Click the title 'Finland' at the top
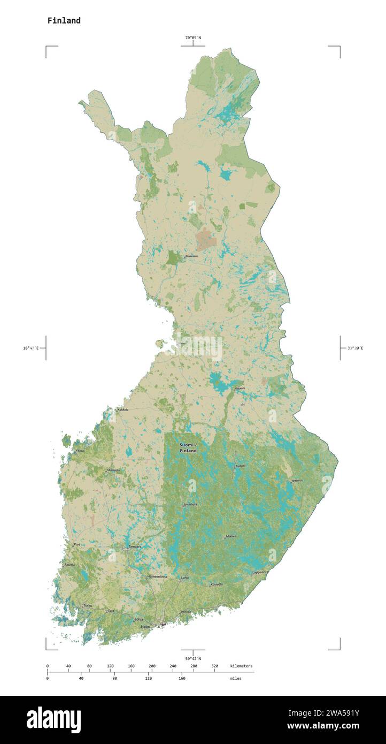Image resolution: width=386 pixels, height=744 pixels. [64, 21]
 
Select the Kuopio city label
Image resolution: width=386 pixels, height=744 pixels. [241, 466]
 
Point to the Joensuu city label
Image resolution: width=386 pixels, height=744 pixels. [297, 481]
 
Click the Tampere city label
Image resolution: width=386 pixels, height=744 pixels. [135, 546]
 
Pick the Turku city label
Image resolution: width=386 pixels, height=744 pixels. [88, 605]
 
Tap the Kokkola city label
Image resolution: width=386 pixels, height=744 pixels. [123, 409]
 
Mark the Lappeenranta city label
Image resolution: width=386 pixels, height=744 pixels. [260, 572]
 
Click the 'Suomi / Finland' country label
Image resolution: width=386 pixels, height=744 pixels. [188, 448]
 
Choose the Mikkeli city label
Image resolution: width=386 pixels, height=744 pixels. [231, 536]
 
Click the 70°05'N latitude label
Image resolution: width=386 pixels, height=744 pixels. [193, 37]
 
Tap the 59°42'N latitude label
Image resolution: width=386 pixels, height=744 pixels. [193, 658]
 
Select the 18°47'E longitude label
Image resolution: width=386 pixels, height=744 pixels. [30, 348]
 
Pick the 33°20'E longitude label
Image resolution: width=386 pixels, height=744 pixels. [355, 348]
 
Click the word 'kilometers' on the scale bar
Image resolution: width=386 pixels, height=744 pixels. [241, 666]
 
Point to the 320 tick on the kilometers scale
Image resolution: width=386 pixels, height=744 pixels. [214, 666]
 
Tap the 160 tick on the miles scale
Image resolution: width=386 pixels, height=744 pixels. [182, 678]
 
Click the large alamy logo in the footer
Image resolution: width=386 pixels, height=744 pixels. [53, 720]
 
